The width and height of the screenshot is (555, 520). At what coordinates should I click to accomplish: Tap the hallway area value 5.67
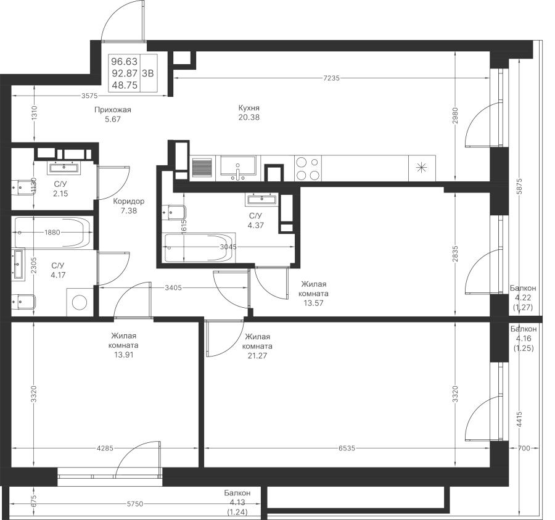[x=113, y=120]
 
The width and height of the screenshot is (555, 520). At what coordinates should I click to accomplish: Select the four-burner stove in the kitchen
[x=308, y=168]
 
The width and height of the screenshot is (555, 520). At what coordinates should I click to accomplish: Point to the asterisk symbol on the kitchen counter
[x=422, y=167]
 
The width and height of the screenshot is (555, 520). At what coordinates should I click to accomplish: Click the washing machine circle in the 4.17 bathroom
[x=80, y=302]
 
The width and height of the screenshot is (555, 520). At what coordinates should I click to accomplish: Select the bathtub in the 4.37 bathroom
[x=199, y=249]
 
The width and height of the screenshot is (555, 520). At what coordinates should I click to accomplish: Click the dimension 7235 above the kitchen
[x=332, y=78]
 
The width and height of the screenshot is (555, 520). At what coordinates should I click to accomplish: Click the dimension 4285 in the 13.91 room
[x=105, y=448]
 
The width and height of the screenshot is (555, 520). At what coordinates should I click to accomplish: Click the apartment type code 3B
[x=148, y=72]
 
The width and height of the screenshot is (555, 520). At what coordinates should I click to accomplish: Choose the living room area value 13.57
[x=313, y=303]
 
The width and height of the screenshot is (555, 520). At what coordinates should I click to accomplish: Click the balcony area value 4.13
[x=237, y=502]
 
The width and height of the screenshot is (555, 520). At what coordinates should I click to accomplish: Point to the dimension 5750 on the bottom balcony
[x=135, y=504]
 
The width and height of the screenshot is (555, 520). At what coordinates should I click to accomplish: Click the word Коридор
[x=129, y=202]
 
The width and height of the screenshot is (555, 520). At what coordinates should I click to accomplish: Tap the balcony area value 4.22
[x=523, y=297]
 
